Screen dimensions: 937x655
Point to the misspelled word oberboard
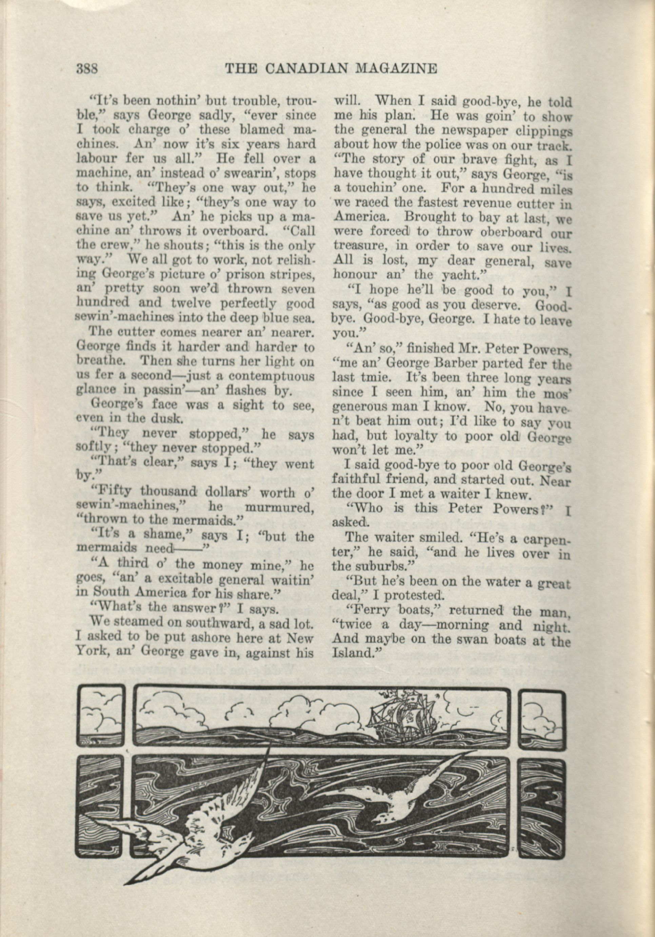[x=508, y=233]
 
